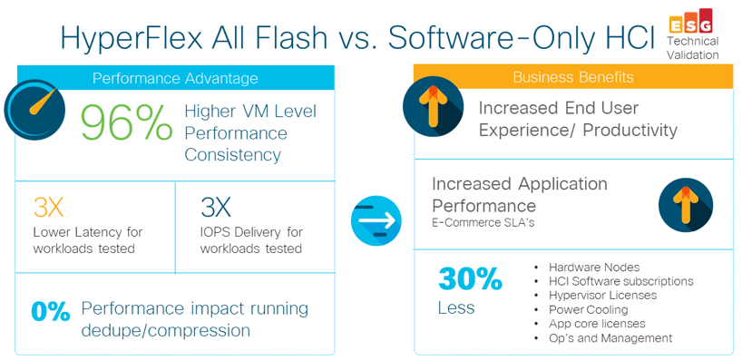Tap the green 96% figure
(x=126, y=123)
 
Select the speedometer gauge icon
(x=34, y=108)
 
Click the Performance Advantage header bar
(x=176, y=78)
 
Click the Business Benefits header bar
(x=573, y=77)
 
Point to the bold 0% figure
(x=51, y=312)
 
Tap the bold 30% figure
(x=470, y=279)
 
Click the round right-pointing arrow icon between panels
(x=376, y=220)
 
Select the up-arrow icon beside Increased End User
(x=433, y=107)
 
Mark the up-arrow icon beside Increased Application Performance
(x=686, y=205)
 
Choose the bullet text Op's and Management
(x=610, y=338)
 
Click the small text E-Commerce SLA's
(x=483, y=223)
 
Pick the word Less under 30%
(x=456, y=307)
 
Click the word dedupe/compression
(x=166, y=330)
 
